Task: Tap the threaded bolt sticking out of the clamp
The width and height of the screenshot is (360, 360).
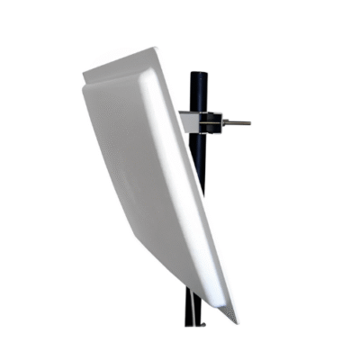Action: (236, 122)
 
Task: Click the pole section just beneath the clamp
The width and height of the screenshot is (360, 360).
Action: (202, 148)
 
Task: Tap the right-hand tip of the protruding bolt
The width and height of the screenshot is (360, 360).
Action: (249, 122)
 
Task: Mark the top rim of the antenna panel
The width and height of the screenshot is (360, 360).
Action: (126, 60)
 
